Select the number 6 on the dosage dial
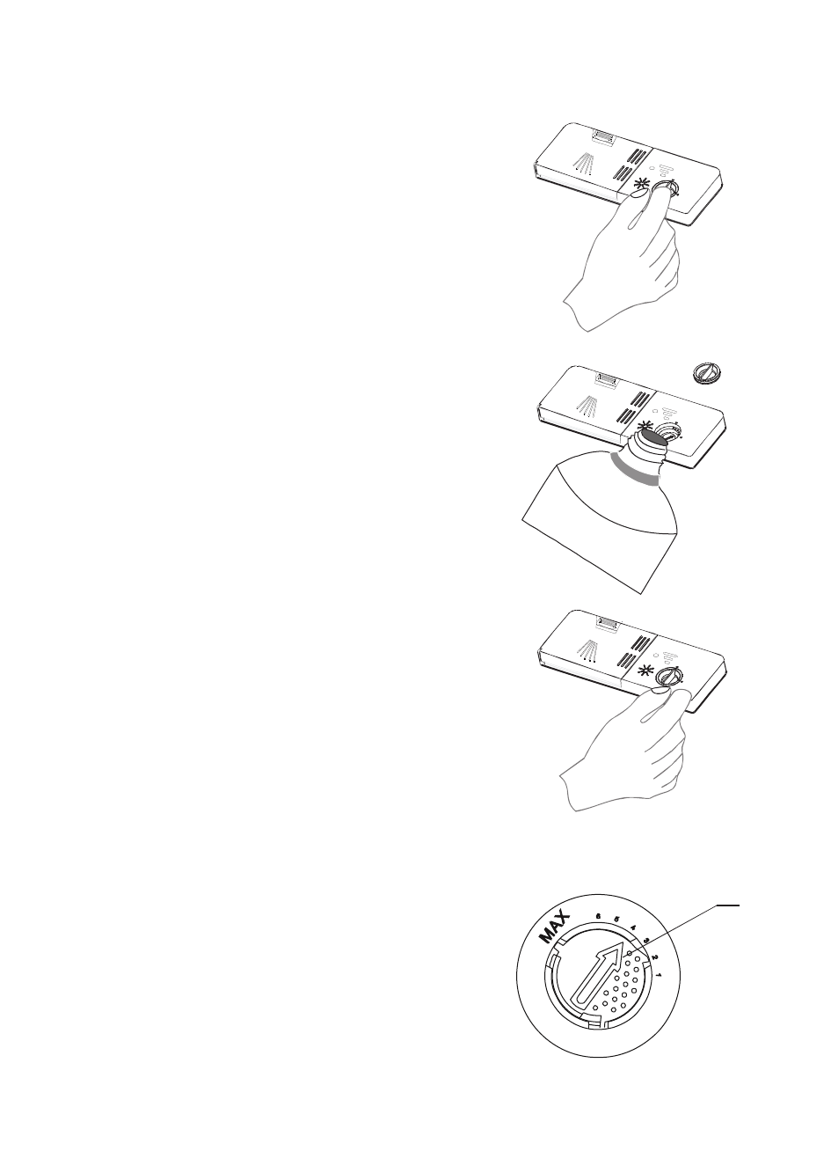click(598, 917)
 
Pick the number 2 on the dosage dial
click(655, 958)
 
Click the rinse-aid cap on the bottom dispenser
click(670, 676)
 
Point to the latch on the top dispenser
click(604, 136)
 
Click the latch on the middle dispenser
click(604, 379)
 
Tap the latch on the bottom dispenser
click(604, 622)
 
